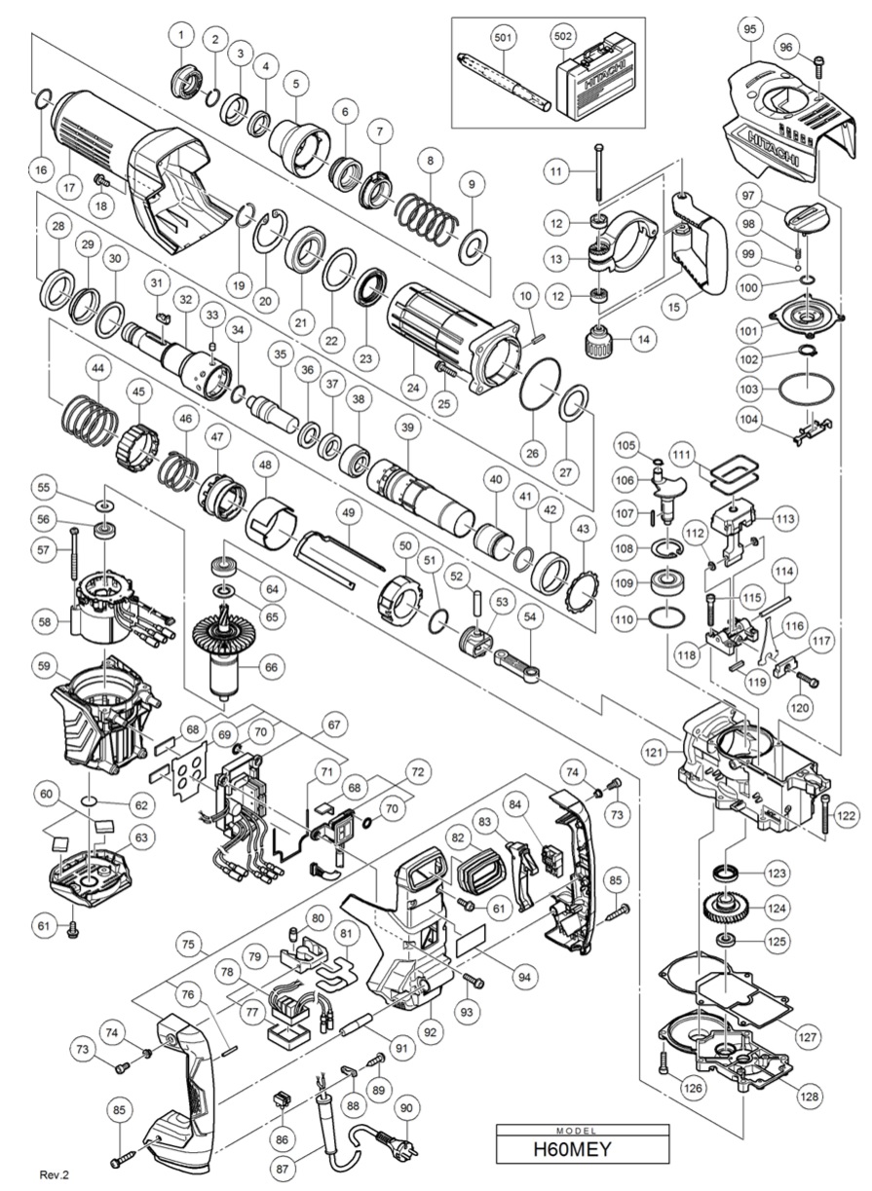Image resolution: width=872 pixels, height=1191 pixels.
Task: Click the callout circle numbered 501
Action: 502,37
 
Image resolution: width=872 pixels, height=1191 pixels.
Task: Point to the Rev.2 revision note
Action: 55,1174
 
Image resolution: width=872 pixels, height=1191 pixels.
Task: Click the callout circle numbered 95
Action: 749,29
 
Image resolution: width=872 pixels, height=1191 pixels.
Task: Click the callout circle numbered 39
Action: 407,427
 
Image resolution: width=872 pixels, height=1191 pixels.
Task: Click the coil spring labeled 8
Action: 427,218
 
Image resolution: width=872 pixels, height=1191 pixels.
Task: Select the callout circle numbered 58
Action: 45,621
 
